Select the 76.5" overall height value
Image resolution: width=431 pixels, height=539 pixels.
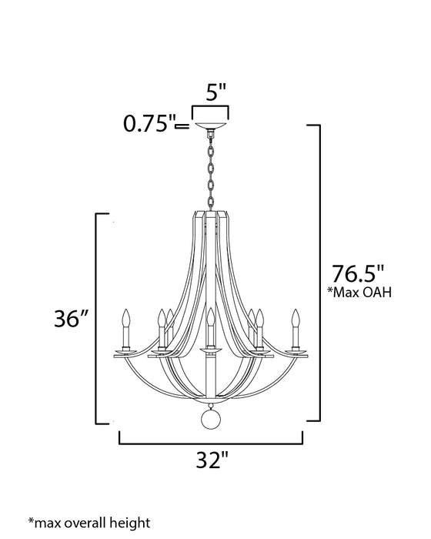[x=356, y=274]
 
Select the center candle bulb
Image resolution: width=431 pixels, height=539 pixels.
[x=209, y=317]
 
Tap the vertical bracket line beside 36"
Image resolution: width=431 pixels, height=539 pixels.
[x=96, y=319]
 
